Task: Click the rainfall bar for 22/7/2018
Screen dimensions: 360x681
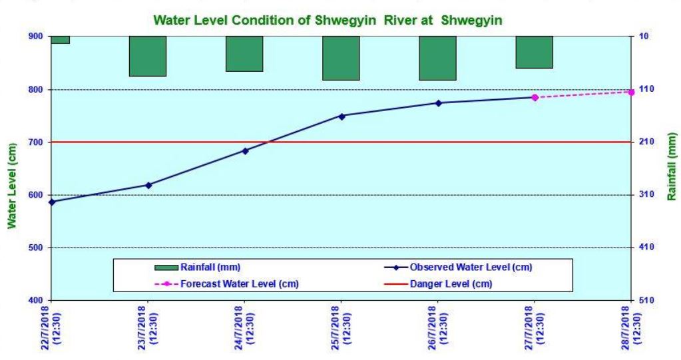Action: [x=60, y=40]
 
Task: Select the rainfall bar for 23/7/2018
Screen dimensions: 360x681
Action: [x=148, y=56]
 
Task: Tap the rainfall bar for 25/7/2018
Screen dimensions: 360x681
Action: [x=341, y=58]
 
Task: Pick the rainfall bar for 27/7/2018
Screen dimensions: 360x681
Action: [x=534, y=52]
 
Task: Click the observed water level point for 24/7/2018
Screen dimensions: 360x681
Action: [x=245, y=151]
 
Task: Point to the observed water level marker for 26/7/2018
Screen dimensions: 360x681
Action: [x=438, y=103]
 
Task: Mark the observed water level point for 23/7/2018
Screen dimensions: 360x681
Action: [x=148, y=185]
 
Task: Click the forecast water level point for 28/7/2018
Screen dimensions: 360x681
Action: [x=630, y=92]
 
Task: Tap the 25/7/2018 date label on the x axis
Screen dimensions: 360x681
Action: [x=341, y=329]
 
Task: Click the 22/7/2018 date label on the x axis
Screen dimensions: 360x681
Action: [x=52, y=329]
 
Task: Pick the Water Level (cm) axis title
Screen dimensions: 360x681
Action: [x=12, y=186]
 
